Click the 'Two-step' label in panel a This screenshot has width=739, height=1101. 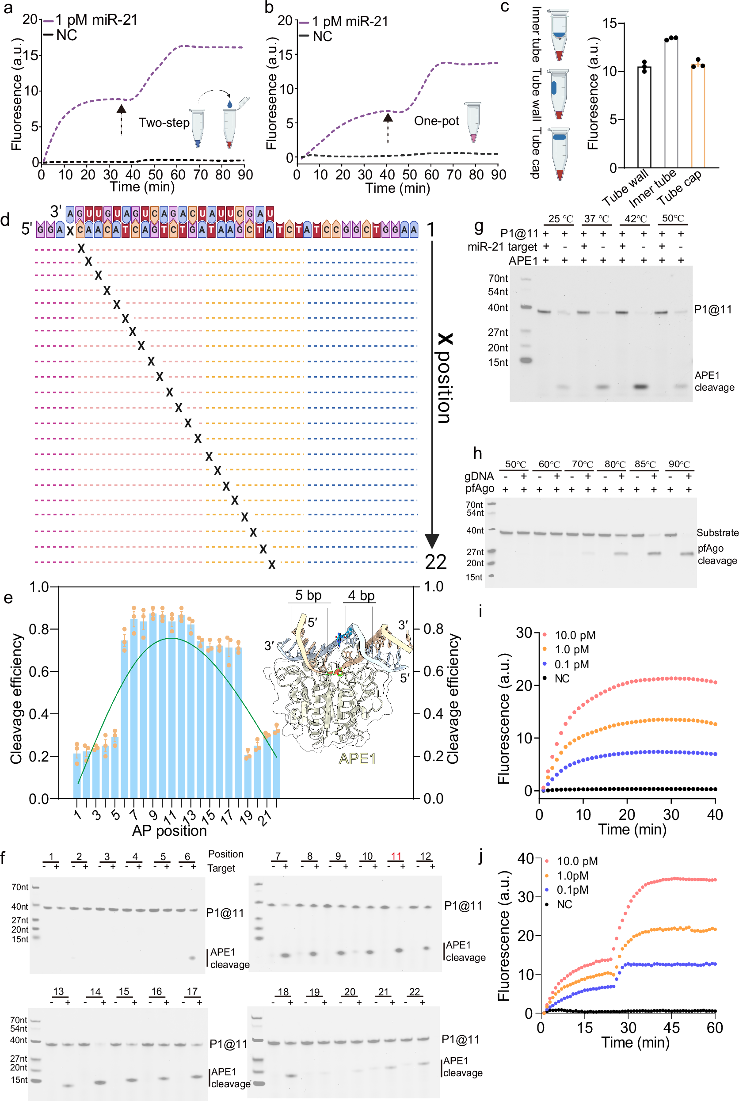pos(164,123)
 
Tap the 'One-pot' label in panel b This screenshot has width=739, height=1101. pos(436,121)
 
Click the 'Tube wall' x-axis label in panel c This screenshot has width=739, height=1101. pos(625,187)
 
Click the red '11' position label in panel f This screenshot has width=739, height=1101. pos(396,856)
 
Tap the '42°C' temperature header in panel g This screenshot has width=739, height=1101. pos(635,219)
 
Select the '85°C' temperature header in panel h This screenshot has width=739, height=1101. pos(645,464)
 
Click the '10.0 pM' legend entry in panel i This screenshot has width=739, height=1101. pos(575,635)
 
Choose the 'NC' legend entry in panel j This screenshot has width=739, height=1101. pos(564,904)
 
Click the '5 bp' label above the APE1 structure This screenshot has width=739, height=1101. pos(308,595)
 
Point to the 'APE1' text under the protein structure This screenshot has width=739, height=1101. pos(357,758)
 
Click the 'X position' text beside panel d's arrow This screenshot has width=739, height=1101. pos(445,377)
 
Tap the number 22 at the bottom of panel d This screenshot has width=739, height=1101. pos(435,562)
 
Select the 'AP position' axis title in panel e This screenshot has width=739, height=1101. pos(169,830)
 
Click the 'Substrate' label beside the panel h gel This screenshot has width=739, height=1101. pos(717,533)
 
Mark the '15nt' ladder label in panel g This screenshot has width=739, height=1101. pos(498,362)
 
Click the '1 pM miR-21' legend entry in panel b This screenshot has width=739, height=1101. pos(350,22)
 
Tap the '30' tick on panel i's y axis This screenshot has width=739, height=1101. pos(524,632)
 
